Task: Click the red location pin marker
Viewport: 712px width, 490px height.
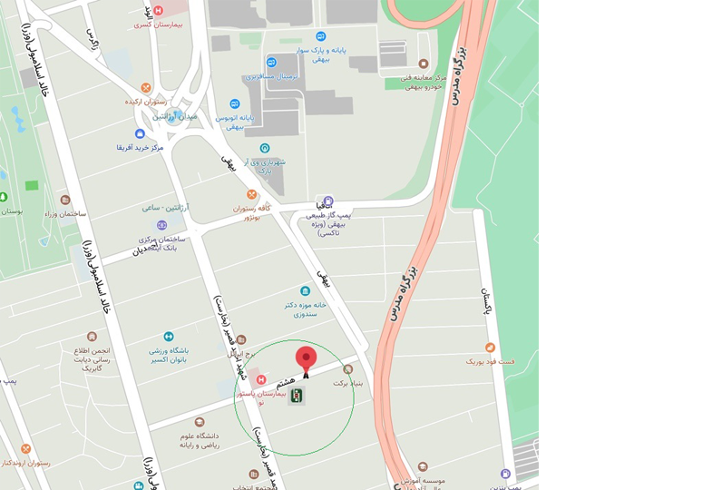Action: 307,358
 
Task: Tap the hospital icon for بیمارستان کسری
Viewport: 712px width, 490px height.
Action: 159,10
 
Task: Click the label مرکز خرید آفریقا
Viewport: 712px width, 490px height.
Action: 139,147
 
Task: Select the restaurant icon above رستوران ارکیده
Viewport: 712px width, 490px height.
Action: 145,88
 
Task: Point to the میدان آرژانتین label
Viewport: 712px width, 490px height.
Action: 174,117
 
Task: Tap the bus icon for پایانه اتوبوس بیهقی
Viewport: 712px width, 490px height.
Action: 235,104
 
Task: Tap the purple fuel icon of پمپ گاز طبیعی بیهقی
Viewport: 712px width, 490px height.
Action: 328,201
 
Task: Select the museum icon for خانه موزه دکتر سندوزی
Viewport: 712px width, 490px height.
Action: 305,291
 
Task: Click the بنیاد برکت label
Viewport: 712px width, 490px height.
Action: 346,383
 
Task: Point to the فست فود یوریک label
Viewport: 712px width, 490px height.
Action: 490,360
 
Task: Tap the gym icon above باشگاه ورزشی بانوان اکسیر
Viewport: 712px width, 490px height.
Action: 169,337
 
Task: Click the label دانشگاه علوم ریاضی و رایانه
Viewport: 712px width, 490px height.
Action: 198,440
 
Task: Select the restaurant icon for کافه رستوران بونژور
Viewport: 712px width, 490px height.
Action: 252,194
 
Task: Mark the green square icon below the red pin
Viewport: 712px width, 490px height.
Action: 297,395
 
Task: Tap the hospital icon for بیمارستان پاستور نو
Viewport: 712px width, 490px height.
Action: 261,379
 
